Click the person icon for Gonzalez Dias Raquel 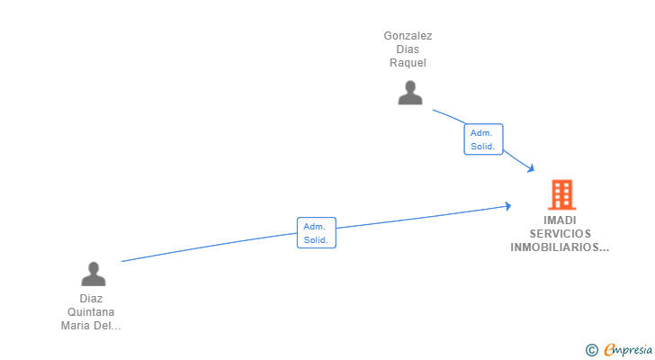click(410, 93)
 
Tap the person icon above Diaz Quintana click(93, 274)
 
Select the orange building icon click(561, 194)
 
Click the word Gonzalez click(408, 36)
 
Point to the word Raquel click(408, 63)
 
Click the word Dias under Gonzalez click(408, 49)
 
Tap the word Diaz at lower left click(91, 298)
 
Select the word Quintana click(91, 312)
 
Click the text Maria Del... click(91, 326)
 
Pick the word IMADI click(560, 220)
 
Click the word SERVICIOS click(560, 233)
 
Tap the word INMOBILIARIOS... click(560, 247)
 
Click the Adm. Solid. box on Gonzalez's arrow click(483, 139)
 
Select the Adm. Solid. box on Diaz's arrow click(317, 233)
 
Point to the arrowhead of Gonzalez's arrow click(532, 168)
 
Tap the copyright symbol click(591, 350)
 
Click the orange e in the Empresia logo click(609, 350)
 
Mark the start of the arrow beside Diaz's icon click(122, 261)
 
